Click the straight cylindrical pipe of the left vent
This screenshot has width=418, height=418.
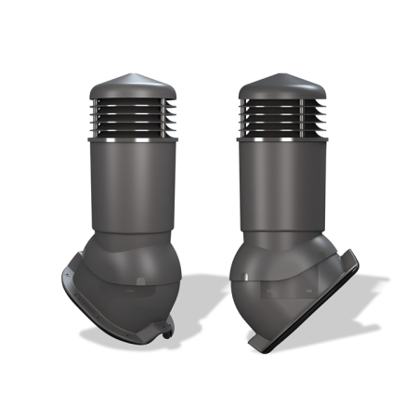coord(130,186)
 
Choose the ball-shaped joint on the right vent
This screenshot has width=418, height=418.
coord(260,279)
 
